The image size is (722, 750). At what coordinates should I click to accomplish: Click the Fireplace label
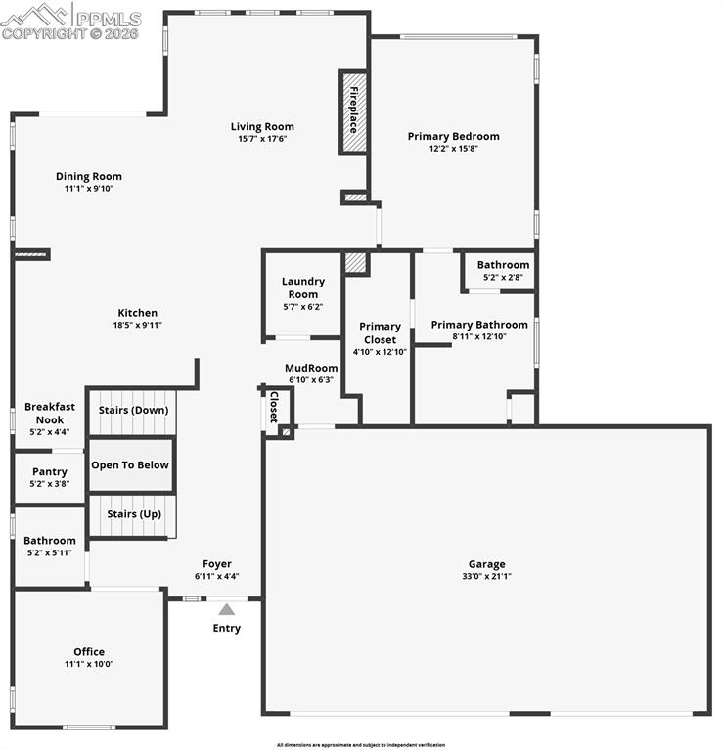tap(354, 111)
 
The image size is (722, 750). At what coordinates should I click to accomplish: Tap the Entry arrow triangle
tap(227, 609)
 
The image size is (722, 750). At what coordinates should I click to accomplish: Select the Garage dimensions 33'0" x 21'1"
tap(486, 577)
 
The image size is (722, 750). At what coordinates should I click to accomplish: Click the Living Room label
tap(262, 126)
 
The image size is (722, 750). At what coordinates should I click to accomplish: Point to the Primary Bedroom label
tap(453, 136)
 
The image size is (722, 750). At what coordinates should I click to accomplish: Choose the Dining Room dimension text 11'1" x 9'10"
tap(89, 189)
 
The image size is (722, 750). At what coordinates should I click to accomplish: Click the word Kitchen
tap(137, 313)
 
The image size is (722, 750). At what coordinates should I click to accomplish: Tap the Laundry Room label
tap(303, 287)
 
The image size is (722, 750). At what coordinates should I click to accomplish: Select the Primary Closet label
tap(380, 332)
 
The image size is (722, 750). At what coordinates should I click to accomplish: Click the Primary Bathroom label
tap(479, 325)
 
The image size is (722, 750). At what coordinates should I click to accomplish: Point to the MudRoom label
tap(311, 369)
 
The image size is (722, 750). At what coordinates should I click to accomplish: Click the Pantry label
tap(50, 471)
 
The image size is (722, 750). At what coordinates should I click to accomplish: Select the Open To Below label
tap(130, 465)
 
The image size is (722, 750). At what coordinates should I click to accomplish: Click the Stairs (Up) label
tap(134, 514)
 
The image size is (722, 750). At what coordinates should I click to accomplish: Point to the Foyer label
tap(217, 564)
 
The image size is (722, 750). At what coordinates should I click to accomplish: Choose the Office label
tap(89, 652)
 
